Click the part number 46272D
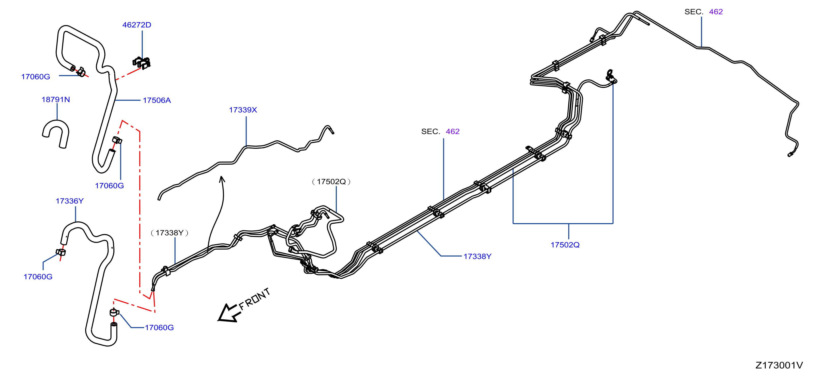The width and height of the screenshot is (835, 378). [136, 25]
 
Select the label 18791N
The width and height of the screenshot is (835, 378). [56, 100]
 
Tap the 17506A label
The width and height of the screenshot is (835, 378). [157, 100]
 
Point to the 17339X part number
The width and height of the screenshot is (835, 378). [243, 110]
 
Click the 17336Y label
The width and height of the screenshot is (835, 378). [70, 201]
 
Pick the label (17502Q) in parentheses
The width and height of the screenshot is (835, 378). [331, 182]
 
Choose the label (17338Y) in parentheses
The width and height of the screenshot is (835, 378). [170, 233]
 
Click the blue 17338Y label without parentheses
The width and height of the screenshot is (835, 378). [477, 256]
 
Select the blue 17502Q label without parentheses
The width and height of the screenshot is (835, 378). [565, 245]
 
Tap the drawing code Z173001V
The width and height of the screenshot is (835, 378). [779, 365]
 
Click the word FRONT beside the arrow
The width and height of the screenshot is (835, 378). [254, 299]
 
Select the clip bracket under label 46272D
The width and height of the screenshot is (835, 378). [142, 63]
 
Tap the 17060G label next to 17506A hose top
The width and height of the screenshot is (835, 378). [36, 77]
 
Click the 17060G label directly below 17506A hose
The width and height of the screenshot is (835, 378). [109, 186]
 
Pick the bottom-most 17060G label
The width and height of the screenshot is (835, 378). [159, 328]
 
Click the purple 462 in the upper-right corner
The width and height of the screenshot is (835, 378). [716, 12]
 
